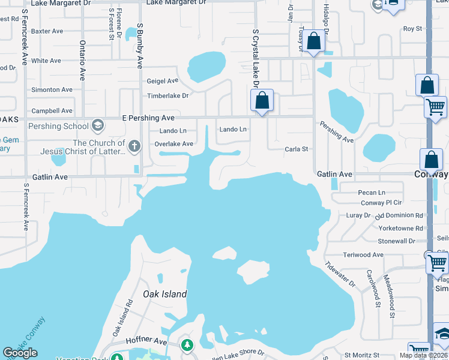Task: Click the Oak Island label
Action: pyautogui.click(x=165, y=294)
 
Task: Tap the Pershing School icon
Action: pyautogui.click(x=98, y=126)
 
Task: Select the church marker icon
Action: pyautogui.click(x=134, y=145)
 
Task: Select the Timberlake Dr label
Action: pyautogui.click(x=168, y=95)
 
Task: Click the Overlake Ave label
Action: pyautogui.click(x=173, y=144)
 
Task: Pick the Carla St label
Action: pyautogui.click(x=296, y=149)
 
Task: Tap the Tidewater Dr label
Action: pyautogui.click(x=340, y=273)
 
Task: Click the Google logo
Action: pyautogui.click(x=20, y=353)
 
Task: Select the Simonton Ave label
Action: pyautogui.click(x=52, y=89)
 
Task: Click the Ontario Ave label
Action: pyautogui.click(x=82, y=61)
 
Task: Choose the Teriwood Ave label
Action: pyautogui.click(x=363, y=254)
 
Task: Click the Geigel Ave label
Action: pyautogui.click(x=163, y=80)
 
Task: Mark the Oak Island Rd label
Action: pyautogui.click(x=121, y=319)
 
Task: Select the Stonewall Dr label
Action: pyautogui.click(x=396, y=241)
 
